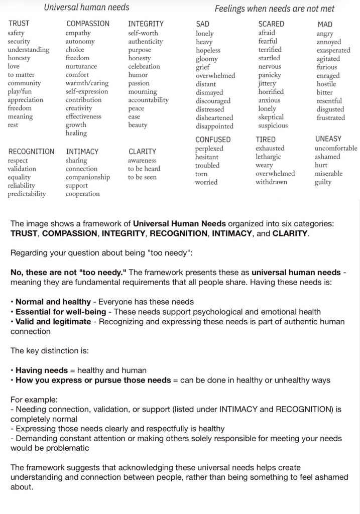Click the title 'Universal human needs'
tap(86, 7)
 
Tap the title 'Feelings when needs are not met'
tap(274, 9)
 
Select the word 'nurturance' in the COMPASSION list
tap(81, 66)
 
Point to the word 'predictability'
tap(27, 194)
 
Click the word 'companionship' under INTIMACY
tap(87, 177)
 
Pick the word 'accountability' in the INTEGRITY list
tap(148, 100)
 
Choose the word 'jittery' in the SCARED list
tap(267, 83)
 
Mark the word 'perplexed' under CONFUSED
tap(209, 149)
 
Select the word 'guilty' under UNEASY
tap(323, 182)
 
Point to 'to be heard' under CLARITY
tap(144, 169)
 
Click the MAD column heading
tap(325, 24)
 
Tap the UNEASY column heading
tap(328, 139)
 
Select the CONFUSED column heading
tap(213, 140)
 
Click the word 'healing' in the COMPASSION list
tap(76, 133)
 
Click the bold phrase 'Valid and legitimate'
tap(54, 321)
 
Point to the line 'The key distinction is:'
tap(51, 351)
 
